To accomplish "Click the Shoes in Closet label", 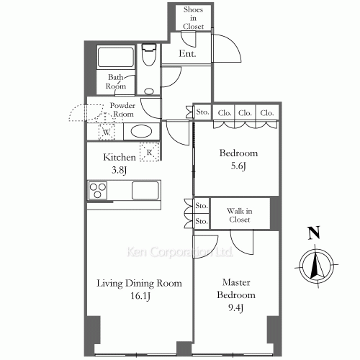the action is click(193, 18).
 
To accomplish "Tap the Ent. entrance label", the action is click(187, 53).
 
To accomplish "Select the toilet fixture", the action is click(149, 55).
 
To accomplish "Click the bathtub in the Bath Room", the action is click(115, 58).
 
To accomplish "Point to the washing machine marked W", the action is click(107, 132).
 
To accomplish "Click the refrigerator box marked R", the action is click(150, 152).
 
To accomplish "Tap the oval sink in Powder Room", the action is click(141, 132).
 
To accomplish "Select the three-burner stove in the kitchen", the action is click(98, 190).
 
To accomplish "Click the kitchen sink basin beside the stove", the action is click(145, 190).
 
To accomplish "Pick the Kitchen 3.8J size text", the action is click(119, 170).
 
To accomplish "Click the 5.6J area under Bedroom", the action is click(238, 166).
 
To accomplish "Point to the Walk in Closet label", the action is click(240, 215).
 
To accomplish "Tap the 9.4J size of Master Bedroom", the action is click(235, 307).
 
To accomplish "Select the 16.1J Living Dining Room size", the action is click(140, 296).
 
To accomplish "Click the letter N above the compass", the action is click(315, 233).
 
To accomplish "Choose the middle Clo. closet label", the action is click(245, 113).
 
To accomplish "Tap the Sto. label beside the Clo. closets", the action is click(202, 112).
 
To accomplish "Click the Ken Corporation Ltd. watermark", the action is click(179, 252).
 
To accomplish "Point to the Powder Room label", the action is click(122, 109).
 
